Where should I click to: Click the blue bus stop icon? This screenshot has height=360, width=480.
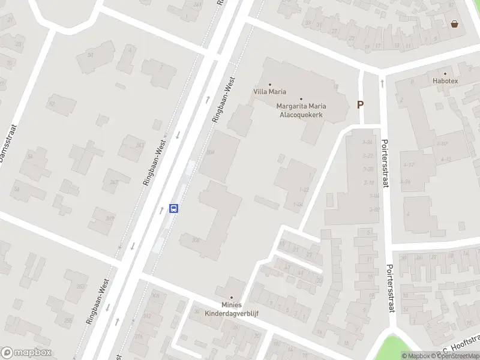pyautogui.click(x=174, y=208)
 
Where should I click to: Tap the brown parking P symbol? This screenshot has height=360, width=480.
pyautogui.click(x=361, y=104)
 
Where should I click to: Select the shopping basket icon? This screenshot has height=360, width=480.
pyautogui.click(x=455, y=24)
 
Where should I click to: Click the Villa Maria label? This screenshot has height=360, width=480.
pyautogui.click(x=269, y=92)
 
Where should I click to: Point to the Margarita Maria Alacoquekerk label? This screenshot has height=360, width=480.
pyautogui.click(x=301, y=110)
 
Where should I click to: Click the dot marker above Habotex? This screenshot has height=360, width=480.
pyautogui.click(x=445, y=73)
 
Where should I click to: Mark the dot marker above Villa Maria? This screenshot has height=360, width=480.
pyautogui.click(x=269, y=85)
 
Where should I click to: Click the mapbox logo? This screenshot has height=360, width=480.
pyautogui.click(x=26, y=353)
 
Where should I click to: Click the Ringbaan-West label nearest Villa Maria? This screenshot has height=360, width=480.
pyautogui.click(x=224, y=100)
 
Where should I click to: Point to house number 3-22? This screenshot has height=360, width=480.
pyautogui.click(x=368, y=155)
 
